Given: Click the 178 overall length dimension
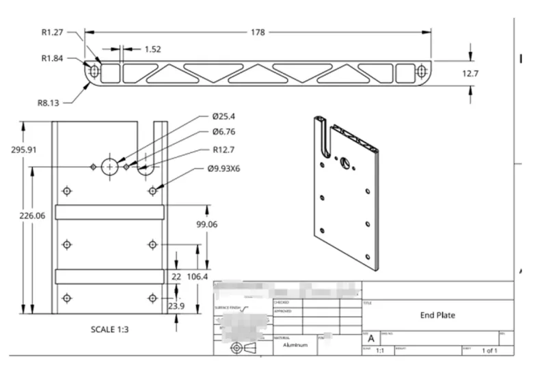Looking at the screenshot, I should pos(257,31).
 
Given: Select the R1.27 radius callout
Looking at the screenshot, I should pos(53,31).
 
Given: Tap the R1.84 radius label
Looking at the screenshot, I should pos(53,58).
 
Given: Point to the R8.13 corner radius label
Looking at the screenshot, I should pos(49,102).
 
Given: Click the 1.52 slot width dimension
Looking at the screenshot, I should pos(152,49).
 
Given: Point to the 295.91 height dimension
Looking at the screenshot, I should pos(23,150).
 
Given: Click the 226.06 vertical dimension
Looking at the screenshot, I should pos(32,215).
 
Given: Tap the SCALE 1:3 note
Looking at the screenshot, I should pos(110,329).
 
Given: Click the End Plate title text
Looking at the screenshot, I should pos(437,315).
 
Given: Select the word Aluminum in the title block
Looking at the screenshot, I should pos(296,345).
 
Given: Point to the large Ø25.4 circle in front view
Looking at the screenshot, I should pos(110,166).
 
